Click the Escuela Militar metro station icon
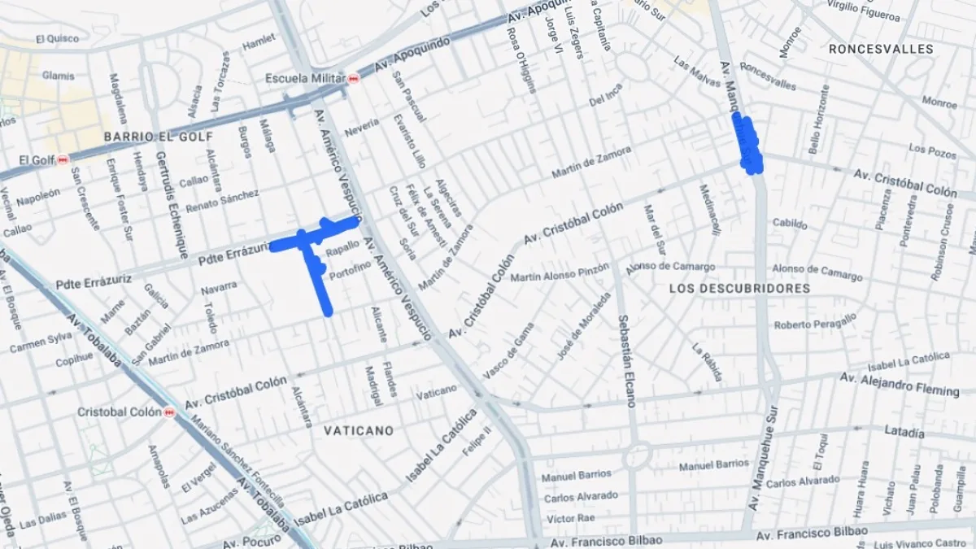coord(353,79)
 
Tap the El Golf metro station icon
coord(63,160)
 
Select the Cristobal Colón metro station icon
coord(169,412)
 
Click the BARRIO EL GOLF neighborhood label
coord(158,137)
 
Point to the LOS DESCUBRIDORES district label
coord(739,289)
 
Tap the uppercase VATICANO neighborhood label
coord(359,430)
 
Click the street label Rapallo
coord(342,245)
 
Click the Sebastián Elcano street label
coord(625,360)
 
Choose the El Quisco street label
coord(57,38)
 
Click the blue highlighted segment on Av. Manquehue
coord(748,145)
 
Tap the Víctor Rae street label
coord(571,518)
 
